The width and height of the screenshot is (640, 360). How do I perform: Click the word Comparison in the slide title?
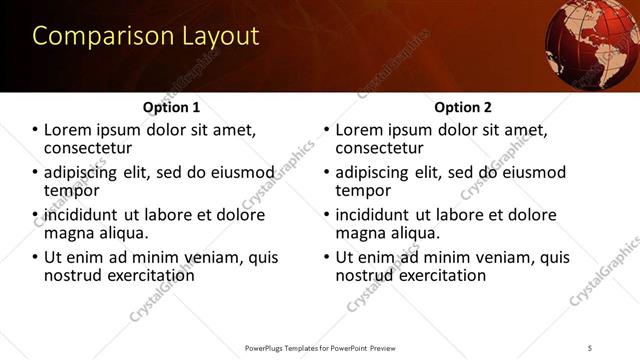pos(91,37)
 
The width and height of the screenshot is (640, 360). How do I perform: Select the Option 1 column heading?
pos(172,107)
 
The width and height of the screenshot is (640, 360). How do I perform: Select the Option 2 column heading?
pos(463,107)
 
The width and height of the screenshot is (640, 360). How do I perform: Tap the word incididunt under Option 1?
pos(83,214)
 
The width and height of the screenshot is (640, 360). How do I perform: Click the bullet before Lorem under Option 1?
pos(35,130)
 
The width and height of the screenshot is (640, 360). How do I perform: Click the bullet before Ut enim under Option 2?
pos(326,257)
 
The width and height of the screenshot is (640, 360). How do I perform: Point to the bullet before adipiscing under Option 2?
pos(326,172)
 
